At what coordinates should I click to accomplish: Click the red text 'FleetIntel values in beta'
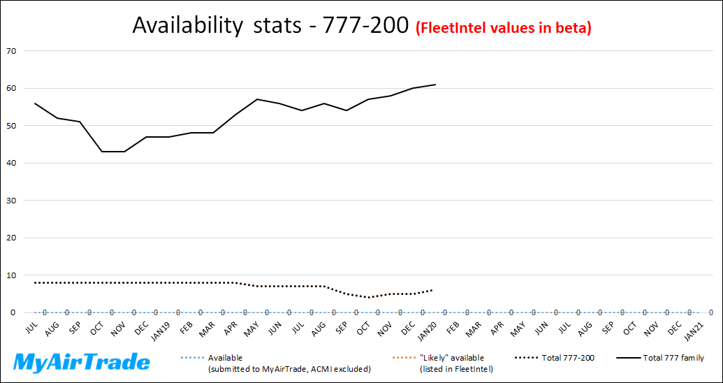pyautogui.click(x=504, y=28)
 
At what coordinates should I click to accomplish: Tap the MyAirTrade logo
pyautogui.click(x=82, y=362)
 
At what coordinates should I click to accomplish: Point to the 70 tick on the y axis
pyautogui.click(x=12, y=51)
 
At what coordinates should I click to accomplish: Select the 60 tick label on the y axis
pyautogui.click(x=12, y=89)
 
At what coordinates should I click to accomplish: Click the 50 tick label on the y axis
pyautogui.click(x=12, y=126)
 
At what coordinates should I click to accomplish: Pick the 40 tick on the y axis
pyautogui.click(x=12, y=164)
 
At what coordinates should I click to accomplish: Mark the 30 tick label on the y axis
pyautogui.click(x=12, y=201)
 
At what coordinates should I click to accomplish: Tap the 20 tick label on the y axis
pyautogui.click(x=12, y=238)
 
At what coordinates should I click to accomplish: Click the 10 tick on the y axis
pyautogui.click(x=12, y=275)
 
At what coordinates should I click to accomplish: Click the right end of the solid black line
pyautogui.click(x=435, y=85)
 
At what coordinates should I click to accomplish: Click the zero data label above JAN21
pyautogui.click(x=710, y=313)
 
